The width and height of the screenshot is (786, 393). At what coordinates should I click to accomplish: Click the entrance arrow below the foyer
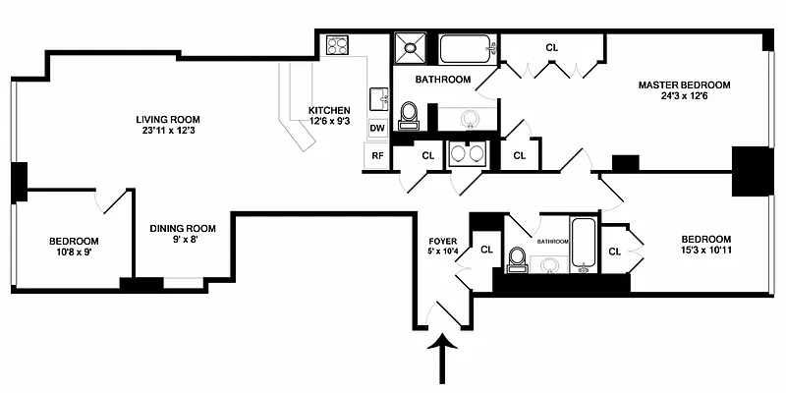tap(443, 361)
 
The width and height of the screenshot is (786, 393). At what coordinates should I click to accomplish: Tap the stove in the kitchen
tap(337, 45)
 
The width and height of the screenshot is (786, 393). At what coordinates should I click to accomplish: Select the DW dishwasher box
tap(377, 128)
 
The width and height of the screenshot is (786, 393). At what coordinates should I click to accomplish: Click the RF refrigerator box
tap(377, 155)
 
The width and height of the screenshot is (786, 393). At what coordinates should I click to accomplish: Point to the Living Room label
tap(167, 120)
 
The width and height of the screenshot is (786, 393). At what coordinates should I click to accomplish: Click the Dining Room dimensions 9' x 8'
tap(183, 240)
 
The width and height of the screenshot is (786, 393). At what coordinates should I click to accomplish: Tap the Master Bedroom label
tap(684, 85)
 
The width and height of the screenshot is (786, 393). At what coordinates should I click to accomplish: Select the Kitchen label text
tap(329, 110)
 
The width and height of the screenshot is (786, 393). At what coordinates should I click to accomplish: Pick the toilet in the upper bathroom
tap(409, 115)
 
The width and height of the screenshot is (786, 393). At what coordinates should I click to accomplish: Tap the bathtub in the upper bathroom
tap(468, 49)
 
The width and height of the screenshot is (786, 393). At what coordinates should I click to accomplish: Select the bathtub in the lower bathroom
tap(583, 245)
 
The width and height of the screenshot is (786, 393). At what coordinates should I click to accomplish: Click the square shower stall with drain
tap(410, 48)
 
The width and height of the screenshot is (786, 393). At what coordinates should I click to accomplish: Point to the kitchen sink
tap(378, 99)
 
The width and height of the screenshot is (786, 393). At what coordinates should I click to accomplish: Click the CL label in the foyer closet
tap(486, 250)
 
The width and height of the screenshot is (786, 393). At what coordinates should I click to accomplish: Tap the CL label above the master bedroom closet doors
tap(552, 48)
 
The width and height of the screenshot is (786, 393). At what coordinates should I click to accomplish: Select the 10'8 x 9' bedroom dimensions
tap(74, 253)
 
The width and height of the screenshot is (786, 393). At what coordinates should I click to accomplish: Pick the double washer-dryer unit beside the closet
tap(468, 154)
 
